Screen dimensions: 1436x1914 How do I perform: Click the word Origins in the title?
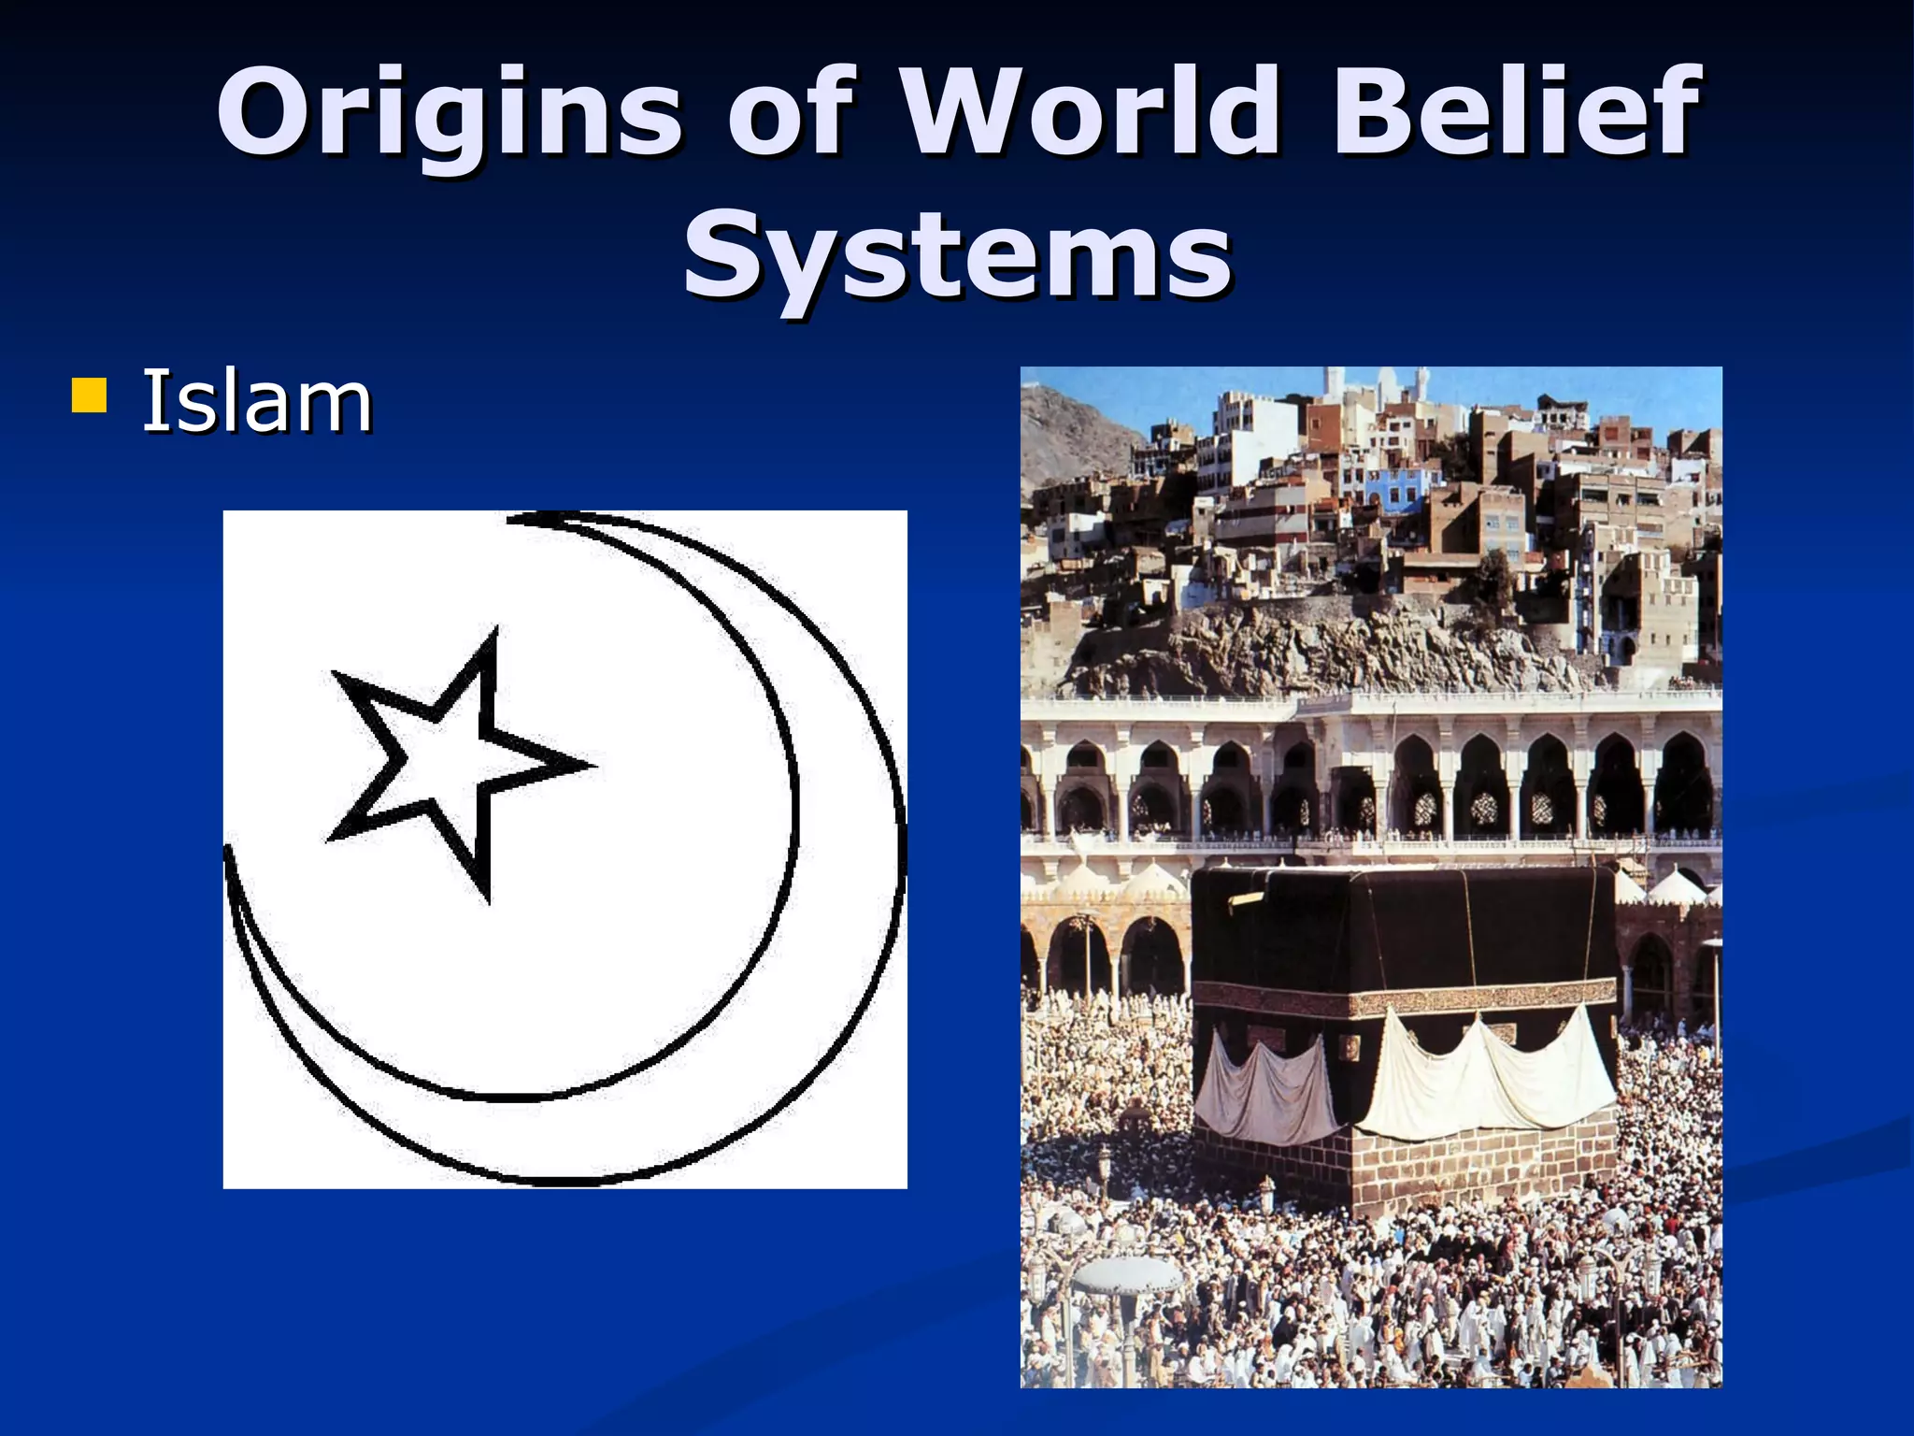(449, 112)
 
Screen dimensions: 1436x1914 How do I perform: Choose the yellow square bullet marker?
(89, 395)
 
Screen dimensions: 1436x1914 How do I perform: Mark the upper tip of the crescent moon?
(523, 517)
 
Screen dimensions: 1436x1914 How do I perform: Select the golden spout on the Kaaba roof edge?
(1245, 899)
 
